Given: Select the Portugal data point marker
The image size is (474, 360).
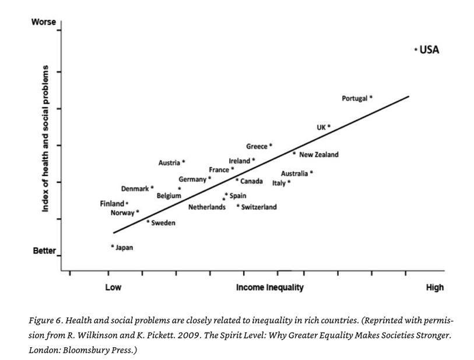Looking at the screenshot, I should click(x=371, y=97).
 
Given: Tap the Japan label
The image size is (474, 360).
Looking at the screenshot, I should click(x=124, y=248).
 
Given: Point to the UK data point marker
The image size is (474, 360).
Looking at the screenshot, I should click(x=329, y=126).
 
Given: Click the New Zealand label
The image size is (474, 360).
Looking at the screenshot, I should click(x=318, y=154).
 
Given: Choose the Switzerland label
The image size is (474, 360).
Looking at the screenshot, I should click(x=259, y=207).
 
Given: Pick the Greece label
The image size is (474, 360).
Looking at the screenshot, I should click(x=257, y=146).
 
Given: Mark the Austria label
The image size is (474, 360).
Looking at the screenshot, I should click(x=169, y=163).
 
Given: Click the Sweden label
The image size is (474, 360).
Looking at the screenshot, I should click(x=163, y=223).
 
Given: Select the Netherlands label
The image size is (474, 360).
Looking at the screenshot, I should click(x=207, y=207).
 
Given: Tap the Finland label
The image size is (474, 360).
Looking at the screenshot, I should click(x=112, y=204).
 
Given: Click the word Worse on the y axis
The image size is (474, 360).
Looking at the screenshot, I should click(x=44, y=22).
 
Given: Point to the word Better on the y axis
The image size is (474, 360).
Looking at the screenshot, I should click(x=44, y=251).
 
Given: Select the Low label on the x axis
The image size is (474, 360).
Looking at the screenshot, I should click(x=113, y=287).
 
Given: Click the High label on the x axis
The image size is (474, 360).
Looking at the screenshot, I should click(x=435, y=287).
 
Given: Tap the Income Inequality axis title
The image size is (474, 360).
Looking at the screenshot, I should click(x=269, y=287).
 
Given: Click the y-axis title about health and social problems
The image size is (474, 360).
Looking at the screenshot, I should click(x=45, y=139).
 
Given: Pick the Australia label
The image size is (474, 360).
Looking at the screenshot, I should click(x=294, y=174).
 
